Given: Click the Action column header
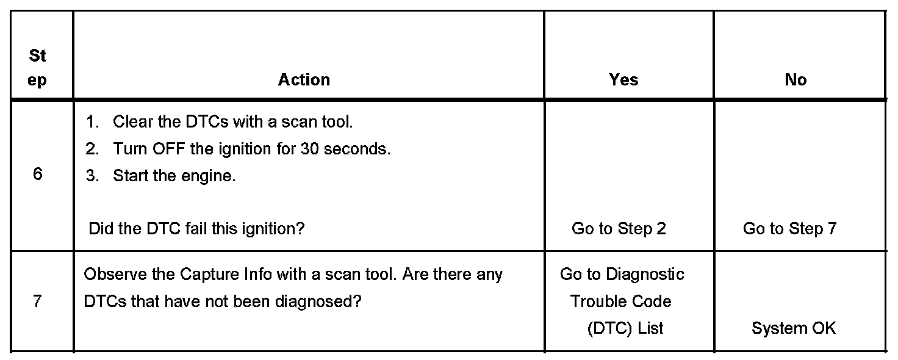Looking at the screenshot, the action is [x=304, y=80].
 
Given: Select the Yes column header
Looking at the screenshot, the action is [x=623, y=80].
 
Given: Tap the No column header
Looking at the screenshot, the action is [x=796, y=80].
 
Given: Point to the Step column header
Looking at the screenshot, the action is [x=37, y=68].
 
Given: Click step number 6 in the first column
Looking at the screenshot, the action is [x=38, y=174].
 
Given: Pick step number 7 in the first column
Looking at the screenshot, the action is [x=38, y=301].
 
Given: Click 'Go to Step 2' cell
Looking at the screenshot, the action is [x=619, y=229].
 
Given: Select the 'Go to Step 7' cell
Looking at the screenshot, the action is [x=789, y=229].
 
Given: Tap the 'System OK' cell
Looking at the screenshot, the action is [x=794, y=328].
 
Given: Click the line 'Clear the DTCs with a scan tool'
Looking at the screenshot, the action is [x=232, y=121].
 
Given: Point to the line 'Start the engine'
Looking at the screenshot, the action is [x=174, y=176].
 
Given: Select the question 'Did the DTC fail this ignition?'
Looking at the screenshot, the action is [x=196, y=229].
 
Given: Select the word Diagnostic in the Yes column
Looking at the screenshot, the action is [x=645, y=275].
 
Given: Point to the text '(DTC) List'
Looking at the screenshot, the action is [x=625, y=328].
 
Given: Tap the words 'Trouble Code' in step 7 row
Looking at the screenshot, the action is [x=620, y=301].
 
